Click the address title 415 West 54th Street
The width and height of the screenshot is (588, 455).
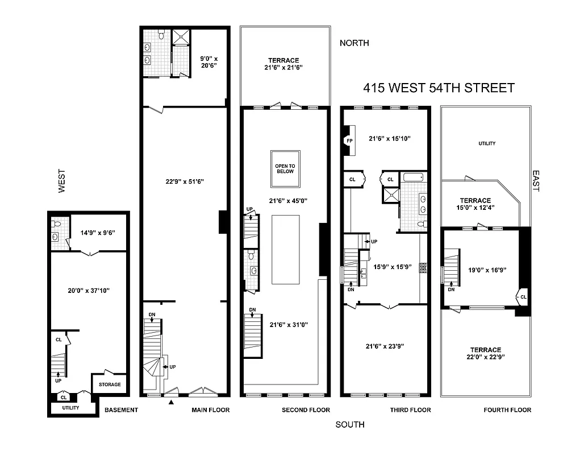439,88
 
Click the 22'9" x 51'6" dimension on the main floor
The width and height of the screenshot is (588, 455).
184,181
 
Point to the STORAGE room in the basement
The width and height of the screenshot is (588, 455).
110,384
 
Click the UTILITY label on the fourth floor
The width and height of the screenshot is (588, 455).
486,143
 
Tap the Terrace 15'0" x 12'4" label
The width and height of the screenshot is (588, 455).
475,204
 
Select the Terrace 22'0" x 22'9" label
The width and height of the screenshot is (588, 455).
485,353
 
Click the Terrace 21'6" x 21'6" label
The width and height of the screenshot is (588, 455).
283,64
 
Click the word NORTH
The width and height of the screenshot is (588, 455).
354,43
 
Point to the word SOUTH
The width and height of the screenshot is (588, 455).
350,424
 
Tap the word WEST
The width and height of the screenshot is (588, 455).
62,181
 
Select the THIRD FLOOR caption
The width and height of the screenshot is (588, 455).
410,409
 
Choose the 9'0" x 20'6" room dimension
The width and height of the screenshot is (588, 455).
207,61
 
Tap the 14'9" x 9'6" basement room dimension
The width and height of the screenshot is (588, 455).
97,232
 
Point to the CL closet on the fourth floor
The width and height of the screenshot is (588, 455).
522,296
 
